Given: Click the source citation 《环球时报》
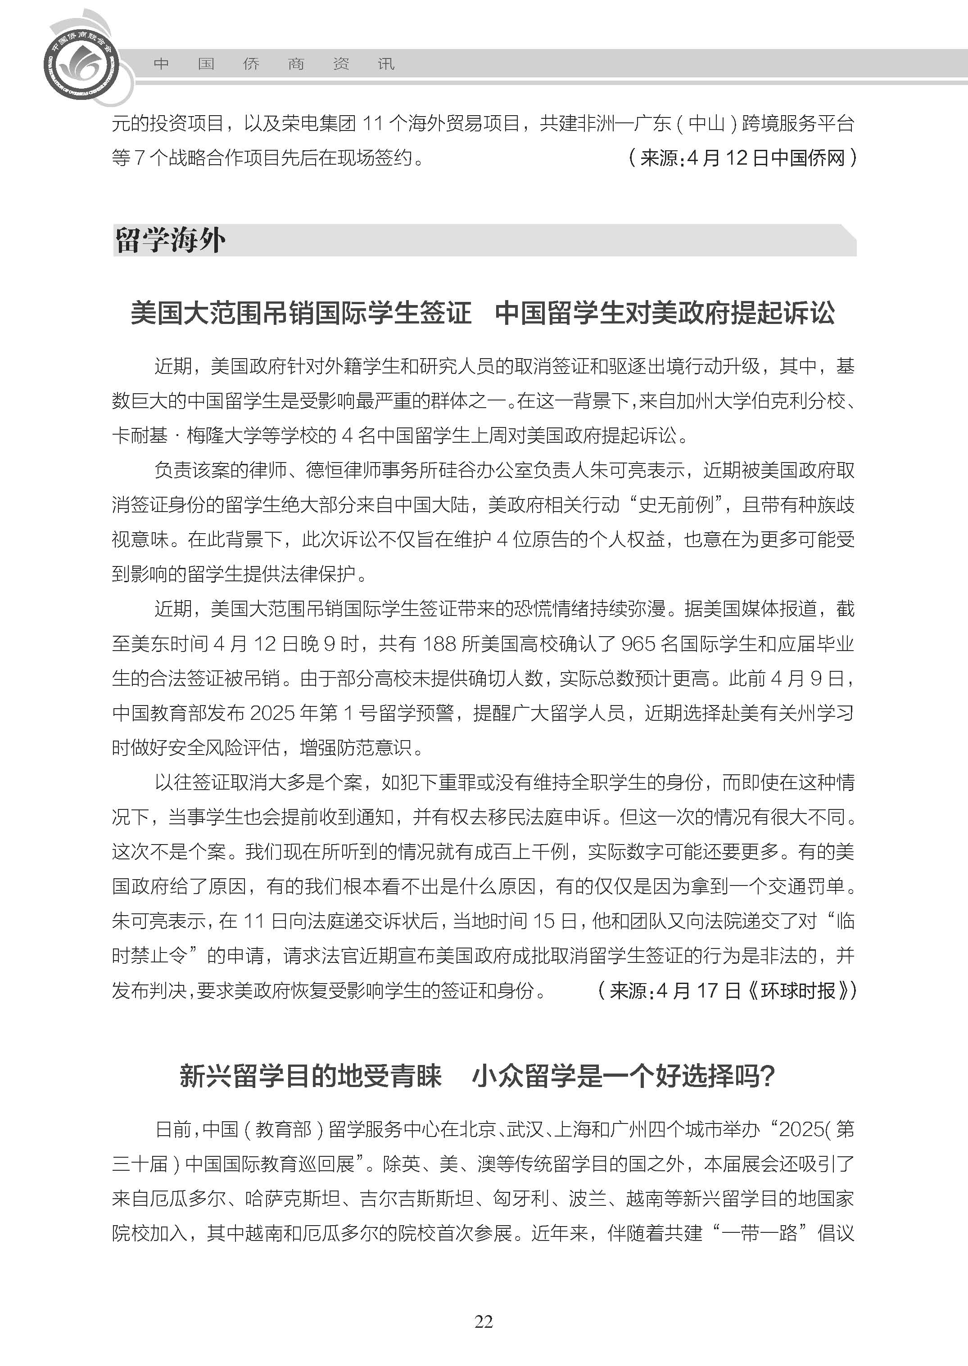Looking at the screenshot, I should pos(798,991).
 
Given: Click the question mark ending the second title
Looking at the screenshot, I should pos(768,1076).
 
